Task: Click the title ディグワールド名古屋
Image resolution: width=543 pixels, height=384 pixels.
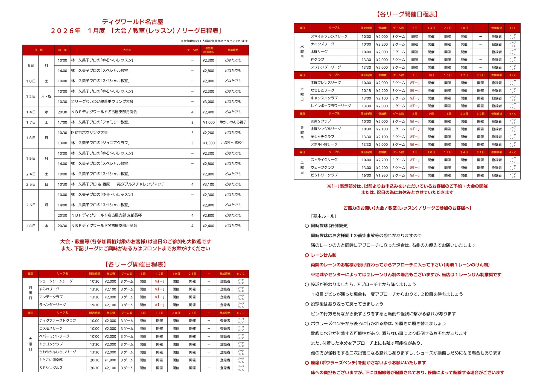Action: pyautogui.click(x=133, y=22)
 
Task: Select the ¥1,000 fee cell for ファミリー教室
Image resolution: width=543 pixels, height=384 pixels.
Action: pyautogui.click(x=209, y=122)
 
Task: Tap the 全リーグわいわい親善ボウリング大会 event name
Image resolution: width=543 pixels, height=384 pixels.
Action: pyautogui.click(x=102, y=101)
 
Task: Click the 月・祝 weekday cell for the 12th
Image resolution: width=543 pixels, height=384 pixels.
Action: pyautogui.click(x=46, y=96)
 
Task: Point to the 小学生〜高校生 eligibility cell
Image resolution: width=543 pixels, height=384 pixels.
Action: pyautogui.click(x=233, y=143)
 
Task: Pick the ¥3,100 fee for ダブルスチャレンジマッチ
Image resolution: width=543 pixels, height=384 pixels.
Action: pyautogui.click(x=208, y=184)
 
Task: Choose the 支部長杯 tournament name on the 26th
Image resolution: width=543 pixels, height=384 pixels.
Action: pyautogui.click(x=107, y=215)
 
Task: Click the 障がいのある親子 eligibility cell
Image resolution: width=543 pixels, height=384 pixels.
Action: pyautogui.click(x=233, y=122)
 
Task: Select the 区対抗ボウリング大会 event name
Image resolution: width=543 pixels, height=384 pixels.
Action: pyautogui.click(x=89, y=133)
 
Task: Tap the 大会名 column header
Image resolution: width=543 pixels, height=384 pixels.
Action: pyautogui.click(x=127, y=50)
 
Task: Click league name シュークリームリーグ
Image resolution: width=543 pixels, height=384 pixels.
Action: pyautogui.click(x=56, y=281)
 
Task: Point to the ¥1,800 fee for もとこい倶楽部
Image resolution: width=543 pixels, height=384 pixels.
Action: pyautogui.click(x=110, y=360)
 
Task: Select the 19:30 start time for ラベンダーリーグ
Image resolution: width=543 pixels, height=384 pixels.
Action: pyautogui.click(x=95, y=305)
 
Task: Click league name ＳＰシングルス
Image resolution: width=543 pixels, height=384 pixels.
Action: pyautogui.click(x=51, y=368)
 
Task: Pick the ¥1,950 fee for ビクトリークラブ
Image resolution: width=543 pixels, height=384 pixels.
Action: pyautogui.click(x=382, y=175)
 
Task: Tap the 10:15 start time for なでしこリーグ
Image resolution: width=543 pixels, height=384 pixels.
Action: pyautogui.click(x=366, y=90)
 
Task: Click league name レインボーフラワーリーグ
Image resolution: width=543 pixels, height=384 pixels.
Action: pyautogui.click(x=331, y=106)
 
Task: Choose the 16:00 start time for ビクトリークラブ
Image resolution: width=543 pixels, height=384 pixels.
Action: pyautogui.click(x=366, y=175)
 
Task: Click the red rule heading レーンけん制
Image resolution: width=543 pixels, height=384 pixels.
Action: pyautogui.click(x=323, y=255)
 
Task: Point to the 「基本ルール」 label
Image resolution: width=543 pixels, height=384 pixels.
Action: pyautogui.click(x=323, y=216)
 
